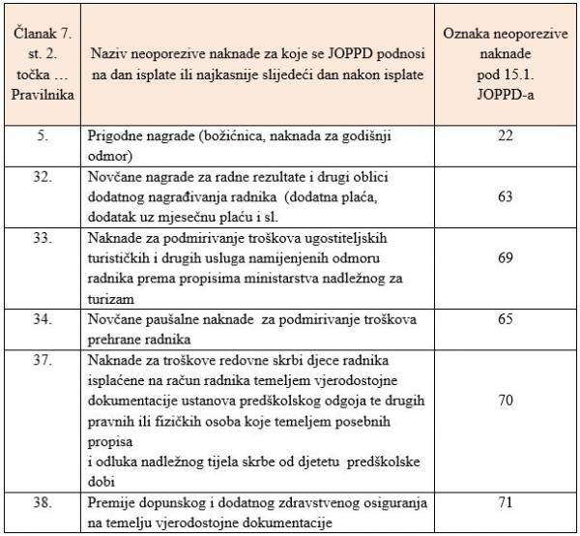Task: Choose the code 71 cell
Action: click(x=505, y=504)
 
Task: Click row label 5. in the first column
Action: click(x=43, y=135)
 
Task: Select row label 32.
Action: click(x=43, y=177)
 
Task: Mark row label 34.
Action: click(x=43, y=320)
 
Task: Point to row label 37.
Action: click(x=43, y=361)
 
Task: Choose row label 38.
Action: click(x=43, y=504)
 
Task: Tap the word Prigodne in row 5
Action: click(x=118, y=135)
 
